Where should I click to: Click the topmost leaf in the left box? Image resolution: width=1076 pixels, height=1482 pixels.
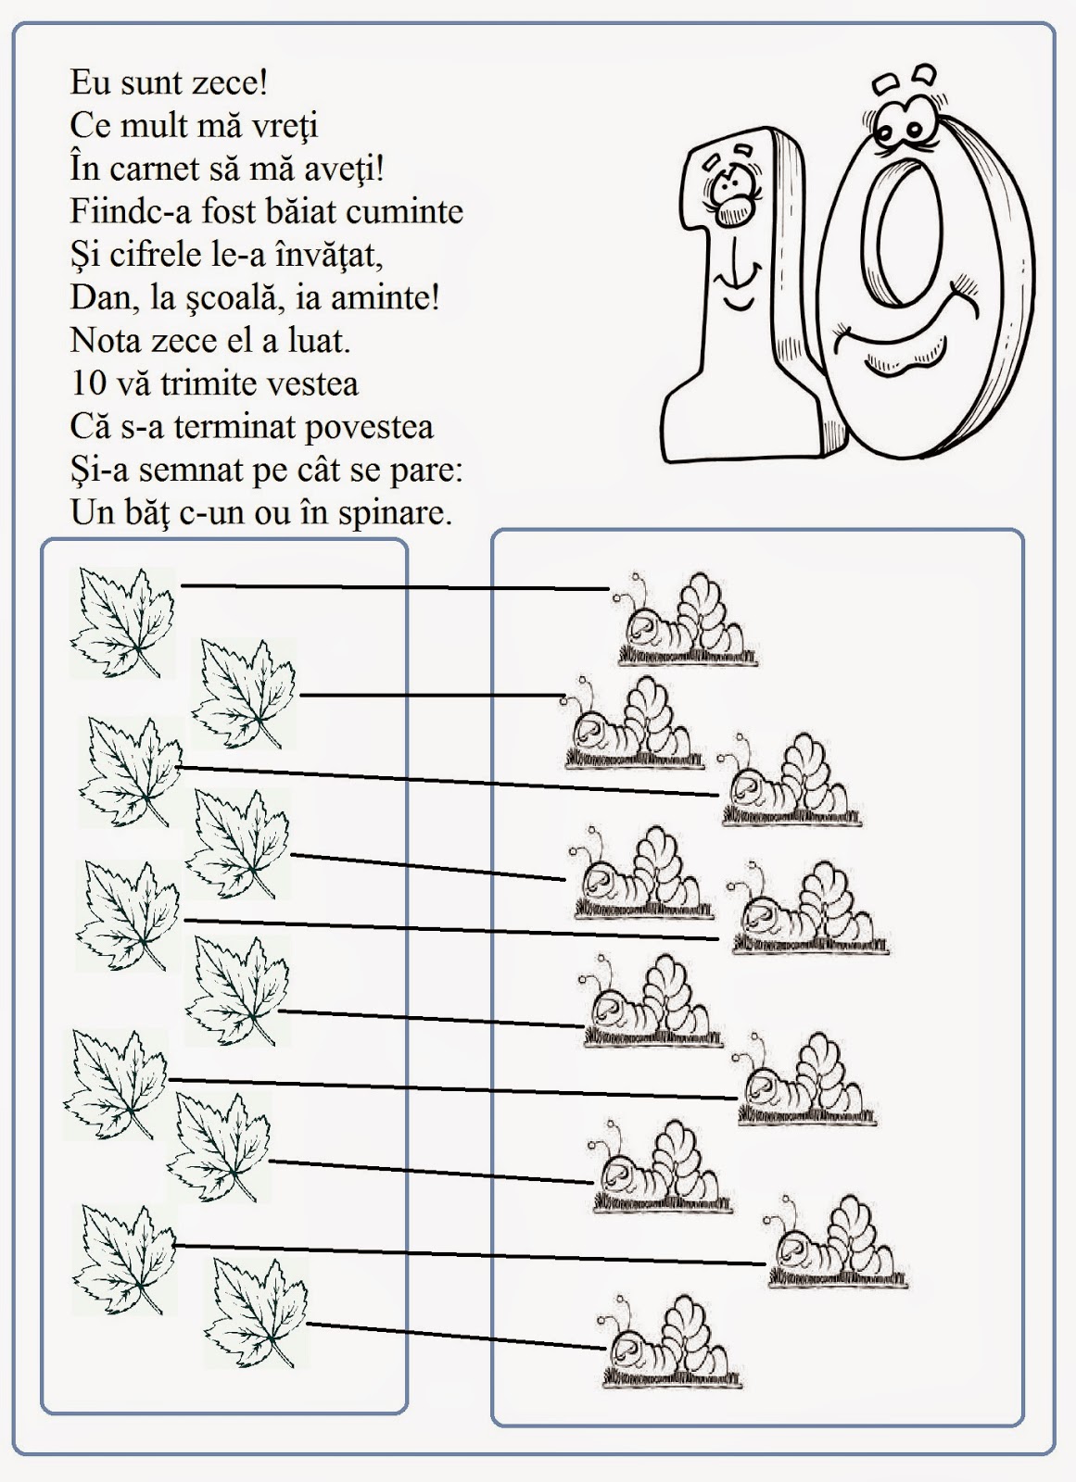(x=122, y=621)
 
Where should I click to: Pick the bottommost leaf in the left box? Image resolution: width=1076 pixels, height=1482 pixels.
(x=255, y=1312)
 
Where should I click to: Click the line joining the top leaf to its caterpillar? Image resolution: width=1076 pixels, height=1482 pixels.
(x=394, y=587)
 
